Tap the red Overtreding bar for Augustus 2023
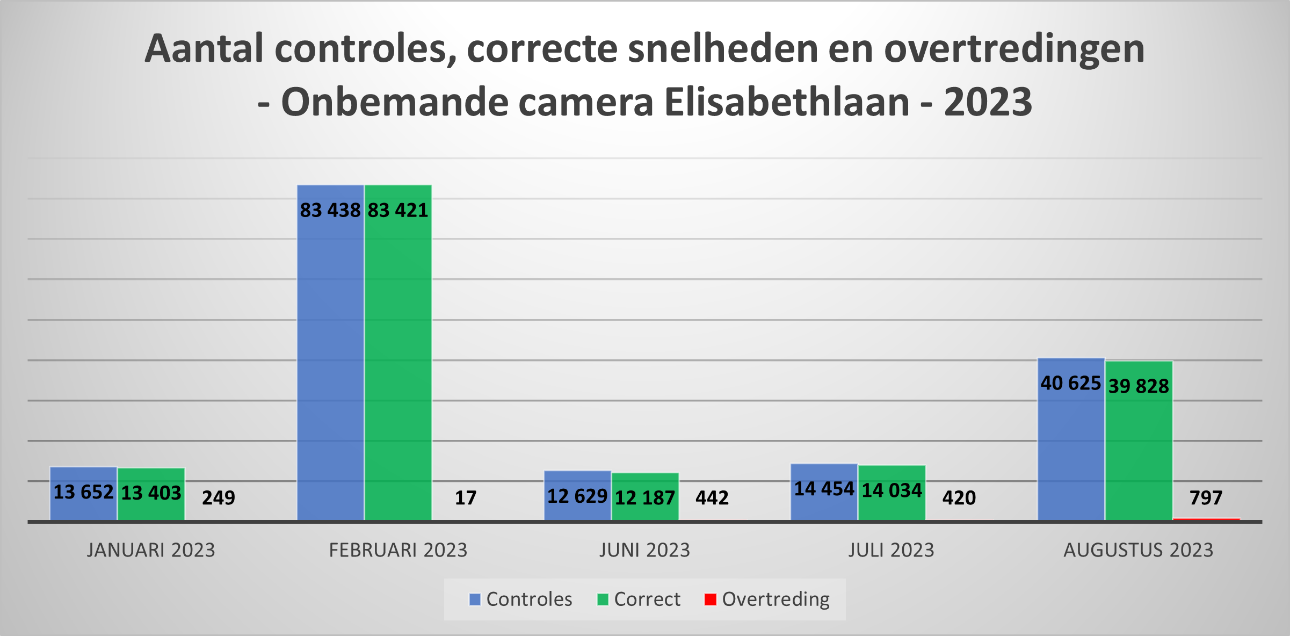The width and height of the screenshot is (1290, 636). coord(1206,519)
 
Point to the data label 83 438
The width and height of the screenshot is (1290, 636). coord(330,210)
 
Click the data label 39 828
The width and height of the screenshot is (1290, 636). coord(1139,386)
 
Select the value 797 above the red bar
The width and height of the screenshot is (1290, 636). coord(1206,498)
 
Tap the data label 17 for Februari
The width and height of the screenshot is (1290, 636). coord(466,498)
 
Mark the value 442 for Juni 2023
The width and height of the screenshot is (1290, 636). coord(712,498)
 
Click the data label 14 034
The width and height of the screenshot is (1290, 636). coord(892,490)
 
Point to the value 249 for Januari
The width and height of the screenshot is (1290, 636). coord(219,498)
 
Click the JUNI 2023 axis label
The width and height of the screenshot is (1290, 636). coord(644,551)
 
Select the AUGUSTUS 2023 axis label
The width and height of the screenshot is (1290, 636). coord(1139,551)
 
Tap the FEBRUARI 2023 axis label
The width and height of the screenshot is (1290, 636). coord(398,551)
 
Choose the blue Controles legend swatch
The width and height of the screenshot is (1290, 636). coord(475,599)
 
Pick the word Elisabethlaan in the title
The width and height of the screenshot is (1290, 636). coord(787,102)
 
